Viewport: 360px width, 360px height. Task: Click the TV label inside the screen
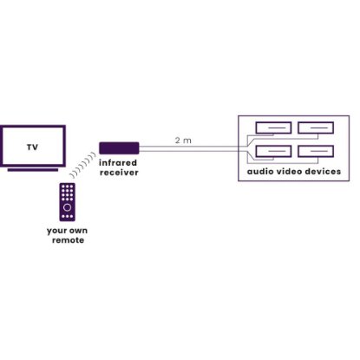32,147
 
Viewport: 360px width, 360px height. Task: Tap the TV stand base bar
33,170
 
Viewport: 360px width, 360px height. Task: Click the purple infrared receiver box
119,148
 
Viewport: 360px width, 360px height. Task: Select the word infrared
118,162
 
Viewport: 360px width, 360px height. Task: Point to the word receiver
119,173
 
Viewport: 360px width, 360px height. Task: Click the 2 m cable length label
183,141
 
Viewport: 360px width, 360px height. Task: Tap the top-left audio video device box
273,128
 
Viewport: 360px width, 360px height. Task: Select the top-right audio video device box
316,128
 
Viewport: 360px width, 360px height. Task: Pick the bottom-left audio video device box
273,152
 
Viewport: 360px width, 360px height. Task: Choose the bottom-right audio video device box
316,152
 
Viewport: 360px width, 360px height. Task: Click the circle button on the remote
67,207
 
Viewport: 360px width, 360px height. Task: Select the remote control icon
68,202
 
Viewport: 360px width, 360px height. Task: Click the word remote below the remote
69,240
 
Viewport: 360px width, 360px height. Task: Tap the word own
77,231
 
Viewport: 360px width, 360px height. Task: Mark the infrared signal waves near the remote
82,166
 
